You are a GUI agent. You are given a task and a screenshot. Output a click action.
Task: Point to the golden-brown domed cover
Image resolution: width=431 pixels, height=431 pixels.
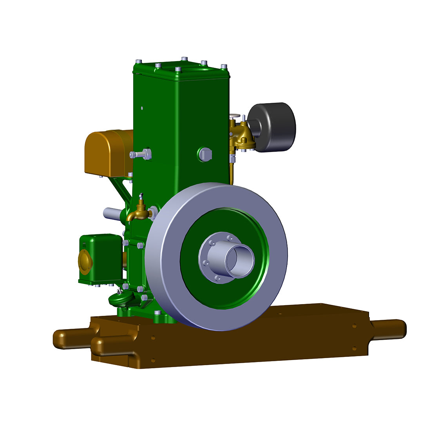[x=108, y=153]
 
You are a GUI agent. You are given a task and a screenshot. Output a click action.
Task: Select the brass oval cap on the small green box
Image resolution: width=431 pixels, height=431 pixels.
[x=85, y=261]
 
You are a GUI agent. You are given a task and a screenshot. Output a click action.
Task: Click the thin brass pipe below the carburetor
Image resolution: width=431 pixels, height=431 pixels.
[x=232, y=172]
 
